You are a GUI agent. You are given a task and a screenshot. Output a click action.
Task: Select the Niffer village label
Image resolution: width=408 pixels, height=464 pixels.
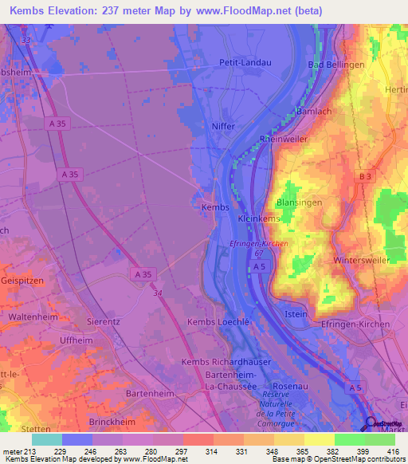224,125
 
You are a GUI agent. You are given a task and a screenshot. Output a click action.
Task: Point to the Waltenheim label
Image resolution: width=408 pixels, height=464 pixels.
34,317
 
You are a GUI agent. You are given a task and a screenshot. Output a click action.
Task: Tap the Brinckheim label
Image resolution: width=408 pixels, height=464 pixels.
108,419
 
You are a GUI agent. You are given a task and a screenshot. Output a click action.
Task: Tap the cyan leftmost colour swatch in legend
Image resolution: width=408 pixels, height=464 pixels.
46,439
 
